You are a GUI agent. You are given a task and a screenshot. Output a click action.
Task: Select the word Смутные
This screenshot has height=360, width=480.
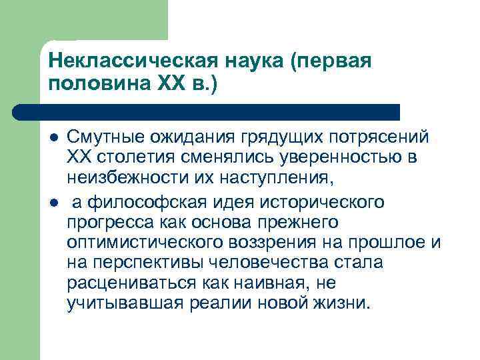[x=103, y=137]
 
